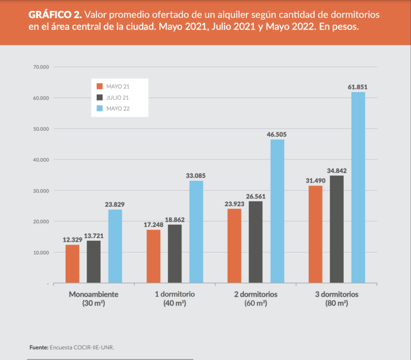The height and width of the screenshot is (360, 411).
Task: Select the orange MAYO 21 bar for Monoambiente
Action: [72, 263]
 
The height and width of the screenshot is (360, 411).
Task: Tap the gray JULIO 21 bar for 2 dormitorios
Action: [256, 242]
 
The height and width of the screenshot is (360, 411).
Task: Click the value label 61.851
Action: [358, 87]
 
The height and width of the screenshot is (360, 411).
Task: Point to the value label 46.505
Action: [277, 134]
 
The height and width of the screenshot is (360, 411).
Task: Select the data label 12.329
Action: [72, 240]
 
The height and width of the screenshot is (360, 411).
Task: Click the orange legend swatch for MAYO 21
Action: [100, 86]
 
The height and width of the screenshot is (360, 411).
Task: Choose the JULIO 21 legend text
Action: [118, 97]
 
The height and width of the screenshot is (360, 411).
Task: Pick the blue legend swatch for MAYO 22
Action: [100, 109]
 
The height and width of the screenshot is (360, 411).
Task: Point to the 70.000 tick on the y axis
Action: [40, 67]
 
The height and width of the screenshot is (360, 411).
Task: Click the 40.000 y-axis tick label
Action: [40, 160]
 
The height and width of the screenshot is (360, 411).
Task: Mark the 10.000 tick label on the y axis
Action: [40, 253]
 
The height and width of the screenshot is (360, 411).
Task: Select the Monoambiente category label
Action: [94, 295]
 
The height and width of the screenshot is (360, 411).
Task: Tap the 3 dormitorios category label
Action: [337, 295]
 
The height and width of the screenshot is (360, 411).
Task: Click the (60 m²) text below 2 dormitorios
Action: [256, 303]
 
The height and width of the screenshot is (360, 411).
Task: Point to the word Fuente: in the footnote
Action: [39, 348]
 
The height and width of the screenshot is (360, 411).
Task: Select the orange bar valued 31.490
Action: [315, 234]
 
